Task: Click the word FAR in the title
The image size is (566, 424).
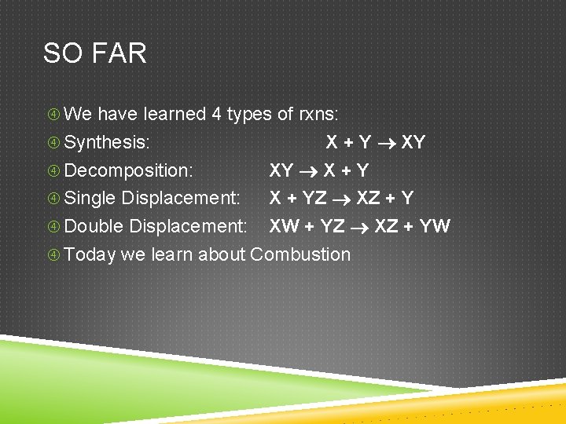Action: [119, 53]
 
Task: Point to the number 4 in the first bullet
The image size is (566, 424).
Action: [216, 114]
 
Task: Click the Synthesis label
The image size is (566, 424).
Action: [107, 142]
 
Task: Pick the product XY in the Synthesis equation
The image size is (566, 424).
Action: [413, 142]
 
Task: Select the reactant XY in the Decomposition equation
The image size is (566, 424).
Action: [281, 170]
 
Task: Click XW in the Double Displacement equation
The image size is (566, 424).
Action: [284, 227]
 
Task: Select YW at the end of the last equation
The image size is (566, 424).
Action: [435, 227]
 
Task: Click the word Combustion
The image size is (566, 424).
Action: [300, 254]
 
